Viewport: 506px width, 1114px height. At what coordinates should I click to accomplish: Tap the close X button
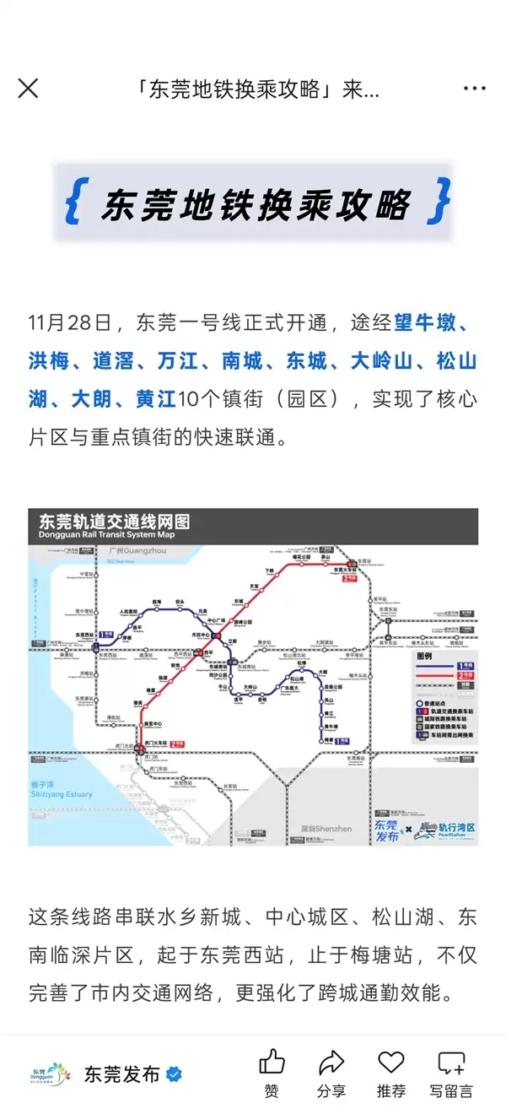[28, 89]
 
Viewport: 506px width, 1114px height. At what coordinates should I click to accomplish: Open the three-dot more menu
[475, 89]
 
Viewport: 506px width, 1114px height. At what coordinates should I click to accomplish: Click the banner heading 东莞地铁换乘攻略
[254, 204]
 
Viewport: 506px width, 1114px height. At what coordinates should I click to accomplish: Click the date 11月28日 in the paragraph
[69, 323]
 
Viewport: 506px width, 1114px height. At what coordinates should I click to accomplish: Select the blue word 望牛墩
[425, 323]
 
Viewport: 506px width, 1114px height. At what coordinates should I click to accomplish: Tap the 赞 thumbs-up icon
[272, 1063]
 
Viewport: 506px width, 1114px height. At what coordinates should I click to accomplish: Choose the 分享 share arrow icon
[331, 1063]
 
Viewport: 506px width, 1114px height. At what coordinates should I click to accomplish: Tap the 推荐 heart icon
[390, 1063]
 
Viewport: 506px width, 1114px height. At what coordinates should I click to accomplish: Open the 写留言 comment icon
[451, 1063]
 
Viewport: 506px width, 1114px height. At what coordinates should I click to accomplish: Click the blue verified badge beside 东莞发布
[175, 1074]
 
